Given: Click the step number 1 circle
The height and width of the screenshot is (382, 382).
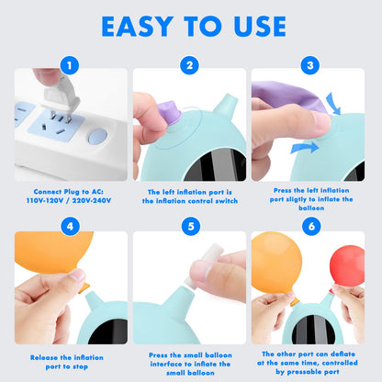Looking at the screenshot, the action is point(70,65).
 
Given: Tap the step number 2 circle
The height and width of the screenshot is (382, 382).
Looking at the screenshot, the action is point(189,65).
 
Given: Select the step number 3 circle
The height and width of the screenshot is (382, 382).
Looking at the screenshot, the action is point(310,65).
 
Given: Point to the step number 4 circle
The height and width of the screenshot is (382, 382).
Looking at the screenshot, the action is point(70,227).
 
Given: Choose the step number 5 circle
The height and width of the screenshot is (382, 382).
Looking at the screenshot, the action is point(191,227).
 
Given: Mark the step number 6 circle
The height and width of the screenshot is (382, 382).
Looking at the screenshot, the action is point(311,226).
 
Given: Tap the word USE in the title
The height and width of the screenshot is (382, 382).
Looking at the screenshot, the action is point(260,27).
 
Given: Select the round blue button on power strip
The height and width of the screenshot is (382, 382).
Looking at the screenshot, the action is point(98,137).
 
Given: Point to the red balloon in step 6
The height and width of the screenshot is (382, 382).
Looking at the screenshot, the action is point(347,265).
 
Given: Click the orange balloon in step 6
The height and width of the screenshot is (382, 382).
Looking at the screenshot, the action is point(276,264).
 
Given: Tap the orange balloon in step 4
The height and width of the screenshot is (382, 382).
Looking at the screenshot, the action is point(53,251).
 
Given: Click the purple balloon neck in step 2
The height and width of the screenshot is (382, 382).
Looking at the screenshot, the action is point(169,112).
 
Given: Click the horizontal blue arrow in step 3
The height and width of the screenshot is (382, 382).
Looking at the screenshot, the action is point(305,148).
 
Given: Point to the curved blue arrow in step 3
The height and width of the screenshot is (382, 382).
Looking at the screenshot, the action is point(333,104).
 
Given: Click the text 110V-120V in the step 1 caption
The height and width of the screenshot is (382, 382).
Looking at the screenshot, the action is point(44,201).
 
